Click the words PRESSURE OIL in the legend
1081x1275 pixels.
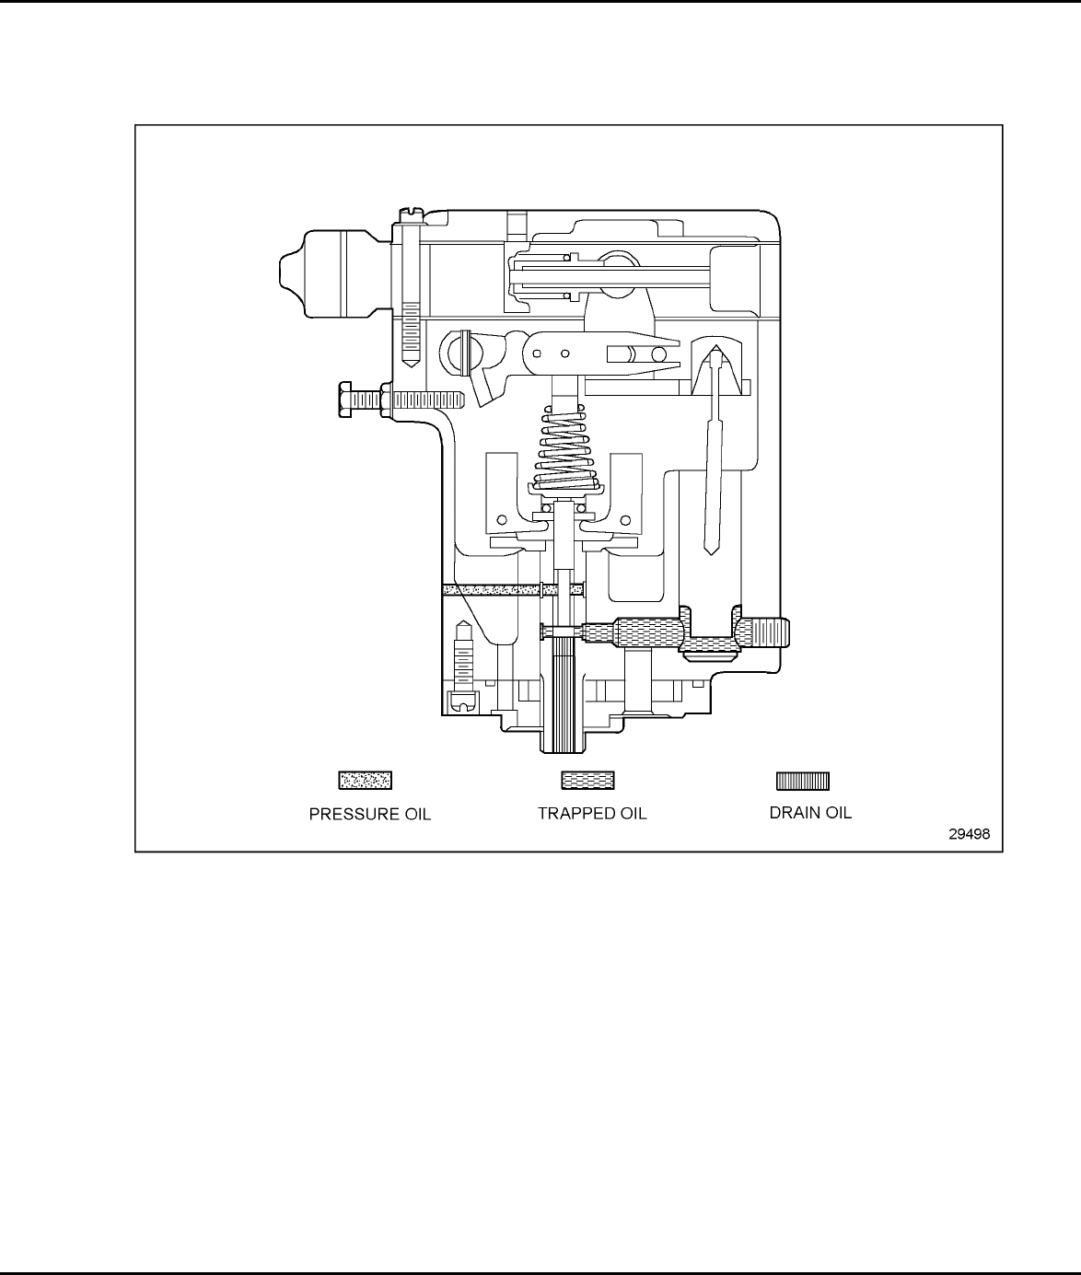[369, 814]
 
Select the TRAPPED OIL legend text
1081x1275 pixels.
[592, 814]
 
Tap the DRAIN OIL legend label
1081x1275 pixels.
[810, 813]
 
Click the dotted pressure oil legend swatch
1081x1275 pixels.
[366, 781]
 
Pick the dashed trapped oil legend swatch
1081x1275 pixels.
[587, 781]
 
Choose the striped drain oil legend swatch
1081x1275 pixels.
[803, 781]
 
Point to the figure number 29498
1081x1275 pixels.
[970, 835]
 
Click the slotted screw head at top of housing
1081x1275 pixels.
[411, 214]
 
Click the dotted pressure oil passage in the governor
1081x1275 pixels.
[497, 589]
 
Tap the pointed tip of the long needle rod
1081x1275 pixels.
[711, 551]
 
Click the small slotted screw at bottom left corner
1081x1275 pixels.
[461, 702]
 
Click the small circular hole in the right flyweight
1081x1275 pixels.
[629, 519]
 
